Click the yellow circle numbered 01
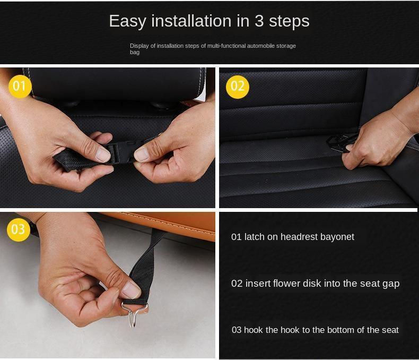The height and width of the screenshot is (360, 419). coord(20,86)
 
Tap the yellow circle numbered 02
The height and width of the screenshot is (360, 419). coord(238,87)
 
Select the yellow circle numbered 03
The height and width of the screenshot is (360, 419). coord(18,229)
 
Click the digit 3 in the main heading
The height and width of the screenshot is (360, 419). coord(259,21)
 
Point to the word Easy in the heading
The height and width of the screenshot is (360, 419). coord(128,21)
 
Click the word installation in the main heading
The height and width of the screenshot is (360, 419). coord(191,21)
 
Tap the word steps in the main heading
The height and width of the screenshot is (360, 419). coord(289,22)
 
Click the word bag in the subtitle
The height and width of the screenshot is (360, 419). coord(135,53)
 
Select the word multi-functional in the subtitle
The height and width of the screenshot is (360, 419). coord(226,46)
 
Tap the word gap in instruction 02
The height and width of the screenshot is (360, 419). coord(391,284)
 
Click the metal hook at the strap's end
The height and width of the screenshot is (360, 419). coord(134,314)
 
